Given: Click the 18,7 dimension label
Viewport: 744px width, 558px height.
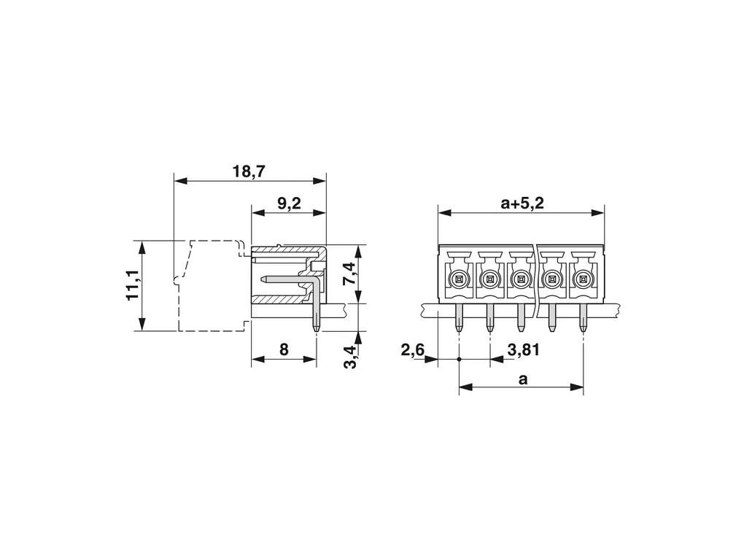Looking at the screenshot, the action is pos(249,171).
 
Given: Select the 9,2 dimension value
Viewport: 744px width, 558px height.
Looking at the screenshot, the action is pos(289,204).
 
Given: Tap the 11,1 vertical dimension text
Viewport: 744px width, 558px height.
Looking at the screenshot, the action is pos(132,284).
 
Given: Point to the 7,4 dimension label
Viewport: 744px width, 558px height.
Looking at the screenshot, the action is pos(349,275).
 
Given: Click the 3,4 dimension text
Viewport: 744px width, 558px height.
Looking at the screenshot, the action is pos(349,357).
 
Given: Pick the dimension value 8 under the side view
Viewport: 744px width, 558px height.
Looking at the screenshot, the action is pos(284,349).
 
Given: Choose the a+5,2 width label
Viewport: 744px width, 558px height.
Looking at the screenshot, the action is pos(522,204).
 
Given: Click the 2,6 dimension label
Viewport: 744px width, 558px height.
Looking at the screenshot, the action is pos(413,350).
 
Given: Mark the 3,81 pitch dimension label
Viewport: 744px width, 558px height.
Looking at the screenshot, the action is pos(524,350).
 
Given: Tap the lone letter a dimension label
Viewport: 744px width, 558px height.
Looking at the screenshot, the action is pos(523,379).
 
